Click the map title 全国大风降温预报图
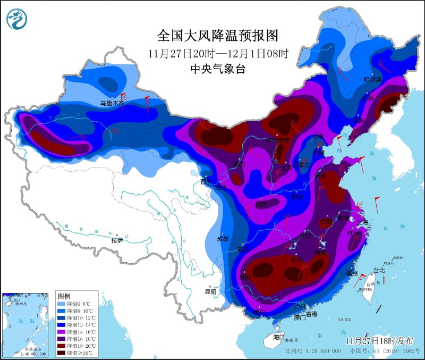click(x=218, y=36)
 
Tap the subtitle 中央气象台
click(x=218, y=69)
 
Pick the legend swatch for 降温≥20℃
click(x=61, y=353)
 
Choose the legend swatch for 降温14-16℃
click(x=61, y=331)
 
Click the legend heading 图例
click(x=64, y=295)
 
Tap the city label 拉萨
click(x=117, y=240)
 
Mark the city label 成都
click(x=223, y=239)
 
